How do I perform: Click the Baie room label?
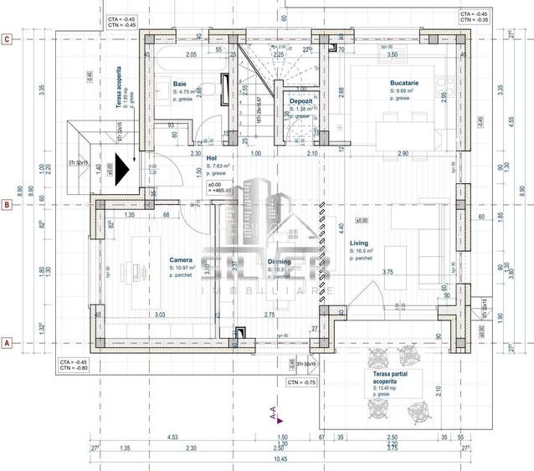180,84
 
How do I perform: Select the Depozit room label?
301,101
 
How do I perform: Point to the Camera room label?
182,260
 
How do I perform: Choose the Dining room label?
280,262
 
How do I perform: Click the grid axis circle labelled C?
7,38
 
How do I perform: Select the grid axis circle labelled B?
7,203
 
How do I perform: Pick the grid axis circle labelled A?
7,342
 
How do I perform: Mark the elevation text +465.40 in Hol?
221,191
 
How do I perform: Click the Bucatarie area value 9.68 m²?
404,90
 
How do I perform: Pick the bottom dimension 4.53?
172,438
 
